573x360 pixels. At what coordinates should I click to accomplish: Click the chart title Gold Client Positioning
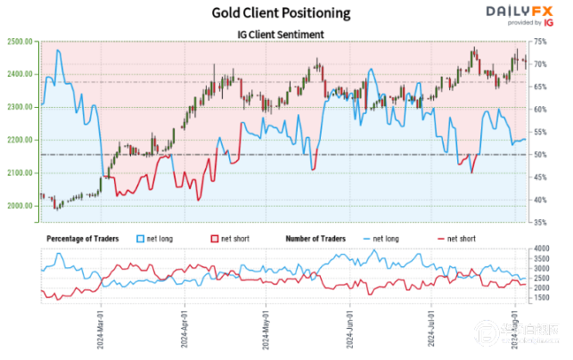[281, 13]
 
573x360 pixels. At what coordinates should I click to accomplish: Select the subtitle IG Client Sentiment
[281, 34]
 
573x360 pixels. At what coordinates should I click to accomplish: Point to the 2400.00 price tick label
[19, 74]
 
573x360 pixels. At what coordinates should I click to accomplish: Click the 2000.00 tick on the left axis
[19, 206]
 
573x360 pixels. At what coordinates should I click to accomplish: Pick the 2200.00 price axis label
[19, 140]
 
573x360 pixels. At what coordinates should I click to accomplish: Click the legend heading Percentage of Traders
[85, 239]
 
